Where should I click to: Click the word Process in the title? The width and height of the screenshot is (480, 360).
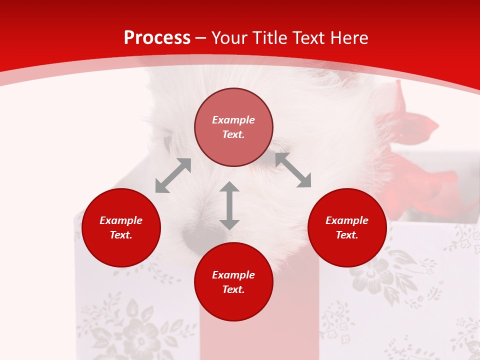pyautogui.click(x=157, y=38)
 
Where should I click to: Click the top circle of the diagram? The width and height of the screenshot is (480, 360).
pyautogui.click(x=233, y=127)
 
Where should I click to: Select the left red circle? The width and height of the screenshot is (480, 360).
pyautogui.click(x=121, y=227)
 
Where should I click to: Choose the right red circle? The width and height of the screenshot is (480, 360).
pyautogui.click(x=347, y=227)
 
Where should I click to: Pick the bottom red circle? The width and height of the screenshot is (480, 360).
pyautogui.click(x=233, y=281)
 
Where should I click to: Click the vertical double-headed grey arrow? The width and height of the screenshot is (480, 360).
pyautogui.click(x=229, y=205)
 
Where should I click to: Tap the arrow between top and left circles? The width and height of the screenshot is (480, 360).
pyautogui.click(x=173, y=175)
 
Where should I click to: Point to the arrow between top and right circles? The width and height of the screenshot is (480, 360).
pyautogui.click(x=293, y=170)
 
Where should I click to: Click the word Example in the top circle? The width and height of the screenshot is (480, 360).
pyautogui.click(x=233, y=120)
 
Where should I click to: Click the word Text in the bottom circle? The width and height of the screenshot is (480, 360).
pyautogui.click(x=233, y=289)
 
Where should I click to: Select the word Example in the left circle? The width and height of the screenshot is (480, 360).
pyautogui.click(x=121, y=220)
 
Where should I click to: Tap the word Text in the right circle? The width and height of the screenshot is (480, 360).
pyautogui.click(x=347, y=235)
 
